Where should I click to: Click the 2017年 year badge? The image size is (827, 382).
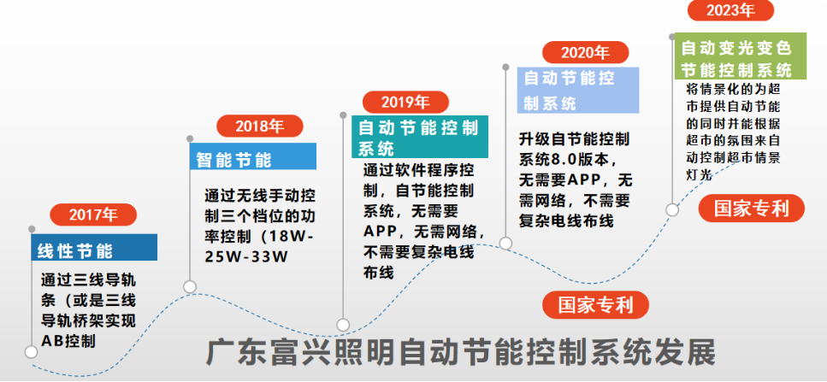93,215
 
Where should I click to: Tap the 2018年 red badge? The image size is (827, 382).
260,126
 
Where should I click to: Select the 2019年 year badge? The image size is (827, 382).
405,102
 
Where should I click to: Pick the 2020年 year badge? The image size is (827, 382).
586,52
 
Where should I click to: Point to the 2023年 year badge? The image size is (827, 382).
731,10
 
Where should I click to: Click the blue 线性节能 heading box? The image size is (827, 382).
94,248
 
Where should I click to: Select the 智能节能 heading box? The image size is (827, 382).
253,156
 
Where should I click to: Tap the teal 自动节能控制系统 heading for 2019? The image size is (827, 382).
420,137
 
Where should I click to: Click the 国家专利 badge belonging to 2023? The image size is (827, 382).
752,209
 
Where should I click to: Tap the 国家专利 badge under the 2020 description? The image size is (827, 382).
595,305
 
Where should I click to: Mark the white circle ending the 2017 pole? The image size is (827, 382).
31,352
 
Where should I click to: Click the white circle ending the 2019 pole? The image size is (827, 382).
343,325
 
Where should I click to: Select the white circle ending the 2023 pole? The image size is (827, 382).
672,209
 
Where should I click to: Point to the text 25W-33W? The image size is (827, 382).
246,257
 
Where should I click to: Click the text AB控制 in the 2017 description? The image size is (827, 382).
68,341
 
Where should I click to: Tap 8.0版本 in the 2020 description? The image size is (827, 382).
577,159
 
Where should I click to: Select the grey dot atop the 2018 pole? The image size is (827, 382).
190,138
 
